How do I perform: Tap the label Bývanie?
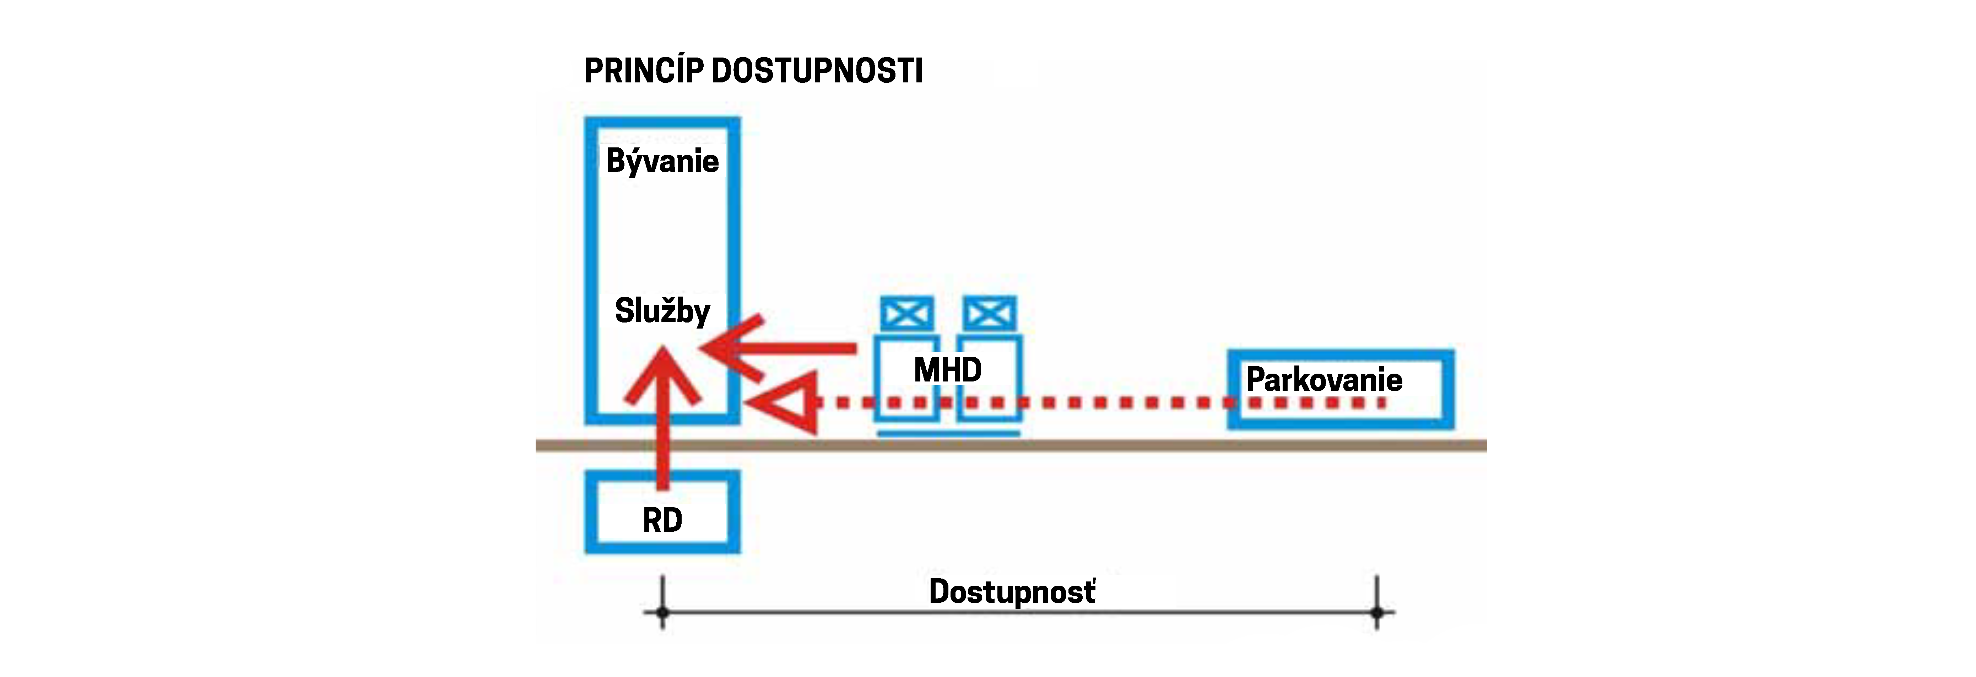point(662,161)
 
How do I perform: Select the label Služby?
point(662,310)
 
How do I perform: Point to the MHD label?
point(947,370)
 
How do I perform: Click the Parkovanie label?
point(1324,379)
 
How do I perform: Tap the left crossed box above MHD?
point(907,314)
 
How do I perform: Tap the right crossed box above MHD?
point(990,314)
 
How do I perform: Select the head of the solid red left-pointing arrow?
point(729,349)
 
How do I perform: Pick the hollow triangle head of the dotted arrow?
point(786,402)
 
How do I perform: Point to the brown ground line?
point(1112,445)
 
